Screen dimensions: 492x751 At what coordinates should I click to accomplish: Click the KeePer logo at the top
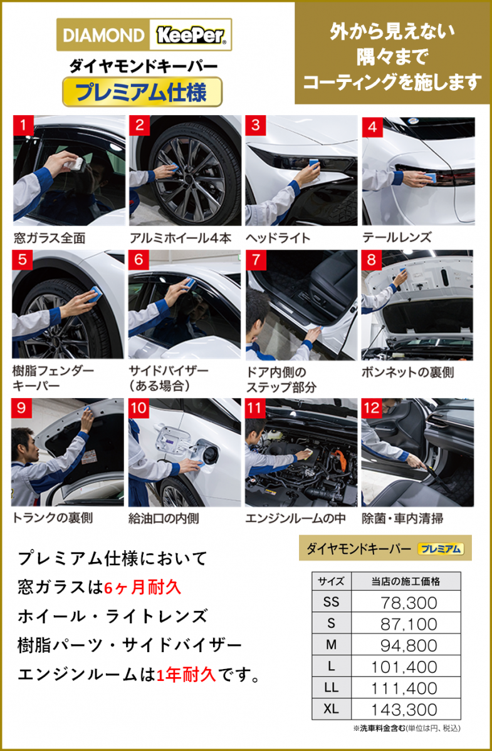click(x=191, y=35)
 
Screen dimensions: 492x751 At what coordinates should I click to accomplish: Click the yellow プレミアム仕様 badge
click(x=142, y=92)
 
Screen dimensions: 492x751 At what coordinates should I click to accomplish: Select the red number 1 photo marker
click(x=23, y=125)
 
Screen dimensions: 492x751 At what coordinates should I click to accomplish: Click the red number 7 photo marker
click(x=256, y=260)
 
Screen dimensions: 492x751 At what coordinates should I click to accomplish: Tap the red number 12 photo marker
click(x=372, y=408)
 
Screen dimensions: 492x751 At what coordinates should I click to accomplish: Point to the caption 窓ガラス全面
click(x=50, y=238)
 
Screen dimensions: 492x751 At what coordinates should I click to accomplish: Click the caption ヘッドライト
click(x=278, y=238)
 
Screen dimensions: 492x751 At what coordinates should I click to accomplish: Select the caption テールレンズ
click(x=397, y=237)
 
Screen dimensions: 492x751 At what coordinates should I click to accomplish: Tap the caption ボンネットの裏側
click(x=408, y=372)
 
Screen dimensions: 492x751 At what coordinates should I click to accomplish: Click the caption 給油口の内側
click(x=164, y=518)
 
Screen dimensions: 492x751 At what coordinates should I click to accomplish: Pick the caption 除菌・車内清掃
click(x=402, y=518)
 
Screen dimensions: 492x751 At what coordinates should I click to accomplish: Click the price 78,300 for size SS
click(x=409, y=603)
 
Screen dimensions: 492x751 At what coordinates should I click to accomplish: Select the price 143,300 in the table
click(x=404, y=710)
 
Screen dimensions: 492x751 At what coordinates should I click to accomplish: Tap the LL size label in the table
click(x=331, y=688)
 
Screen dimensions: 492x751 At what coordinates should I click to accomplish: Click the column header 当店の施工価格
click(x=406, y=581)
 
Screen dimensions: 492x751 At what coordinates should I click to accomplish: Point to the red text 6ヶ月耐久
click(x=143, y=588)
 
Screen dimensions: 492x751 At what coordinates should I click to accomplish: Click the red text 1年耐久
click(x=186, y=675)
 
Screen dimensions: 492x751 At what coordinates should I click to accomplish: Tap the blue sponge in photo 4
click(x=430, y=177)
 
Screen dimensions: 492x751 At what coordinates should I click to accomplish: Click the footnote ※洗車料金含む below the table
click(x=379, y=728)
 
